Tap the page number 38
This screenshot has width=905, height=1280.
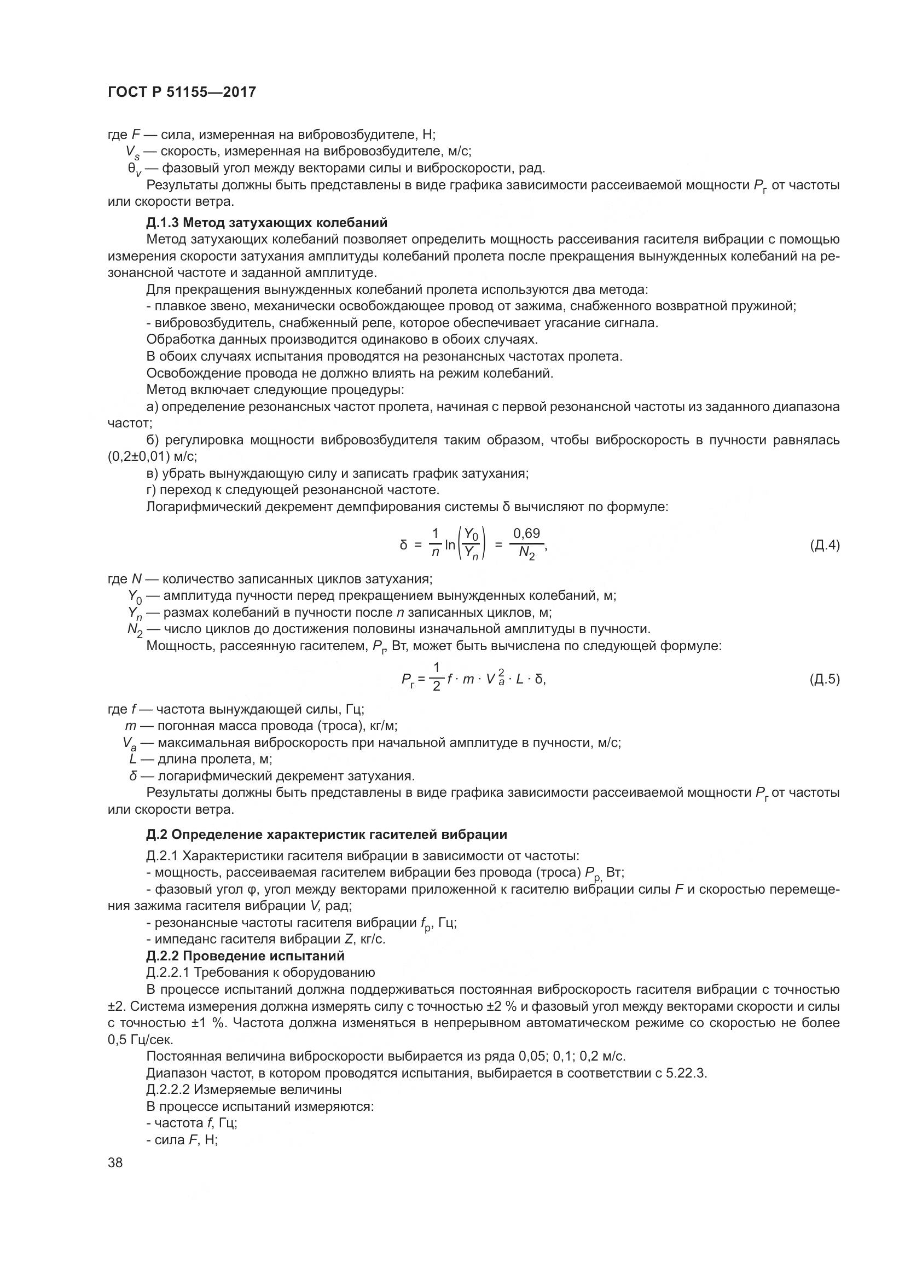click(115, 1163)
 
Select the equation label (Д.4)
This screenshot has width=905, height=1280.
click(824, 545)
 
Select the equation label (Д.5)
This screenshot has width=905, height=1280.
click(824, 679)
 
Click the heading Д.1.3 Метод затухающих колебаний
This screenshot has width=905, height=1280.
click(267, 223)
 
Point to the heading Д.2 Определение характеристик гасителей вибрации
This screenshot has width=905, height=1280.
click(327, 835)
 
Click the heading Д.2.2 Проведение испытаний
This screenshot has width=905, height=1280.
click(245, 956)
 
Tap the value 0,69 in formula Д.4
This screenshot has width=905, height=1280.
click(526, 534)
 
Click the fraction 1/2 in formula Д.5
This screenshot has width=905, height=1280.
click(436, 677)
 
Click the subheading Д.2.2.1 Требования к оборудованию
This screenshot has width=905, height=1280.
click(260, 973)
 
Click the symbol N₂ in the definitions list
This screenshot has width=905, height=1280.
click(135, 630)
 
